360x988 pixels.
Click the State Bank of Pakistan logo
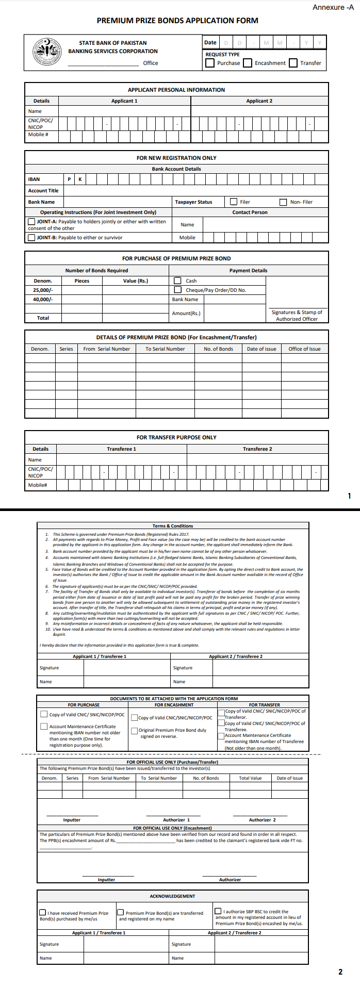coord(47,52)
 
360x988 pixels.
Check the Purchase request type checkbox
coord(210,63)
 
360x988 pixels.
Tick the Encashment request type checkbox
coord(248,63)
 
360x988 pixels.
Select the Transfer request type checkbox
coord(293,63)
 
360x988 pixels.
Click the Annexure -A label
coord(333,7)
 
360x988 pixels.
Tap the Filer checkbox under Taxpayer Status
coord(234,202)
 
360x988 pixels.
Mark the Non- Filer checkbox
coord(283,202)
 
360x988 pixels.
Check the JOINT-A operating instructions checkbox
coord(31,222)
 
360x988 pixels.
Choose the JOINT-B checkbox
coord(31,238)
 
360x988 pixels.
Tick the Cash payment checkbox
coord(178,281)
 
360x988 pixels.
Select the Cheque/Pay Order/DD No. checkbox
coord(178,290)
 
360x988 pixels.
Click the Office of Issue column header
coord(304,349)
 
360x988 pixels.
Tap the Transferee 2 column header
coord(257,449)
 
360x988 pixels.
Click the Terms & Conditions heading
coord(173,526)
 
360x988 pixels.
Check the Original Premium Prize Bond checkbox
coord(135,730)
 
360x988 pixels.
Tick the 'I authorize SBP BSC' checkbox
coord(219,911)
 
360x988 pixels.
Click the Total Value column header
coord(250,778)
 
